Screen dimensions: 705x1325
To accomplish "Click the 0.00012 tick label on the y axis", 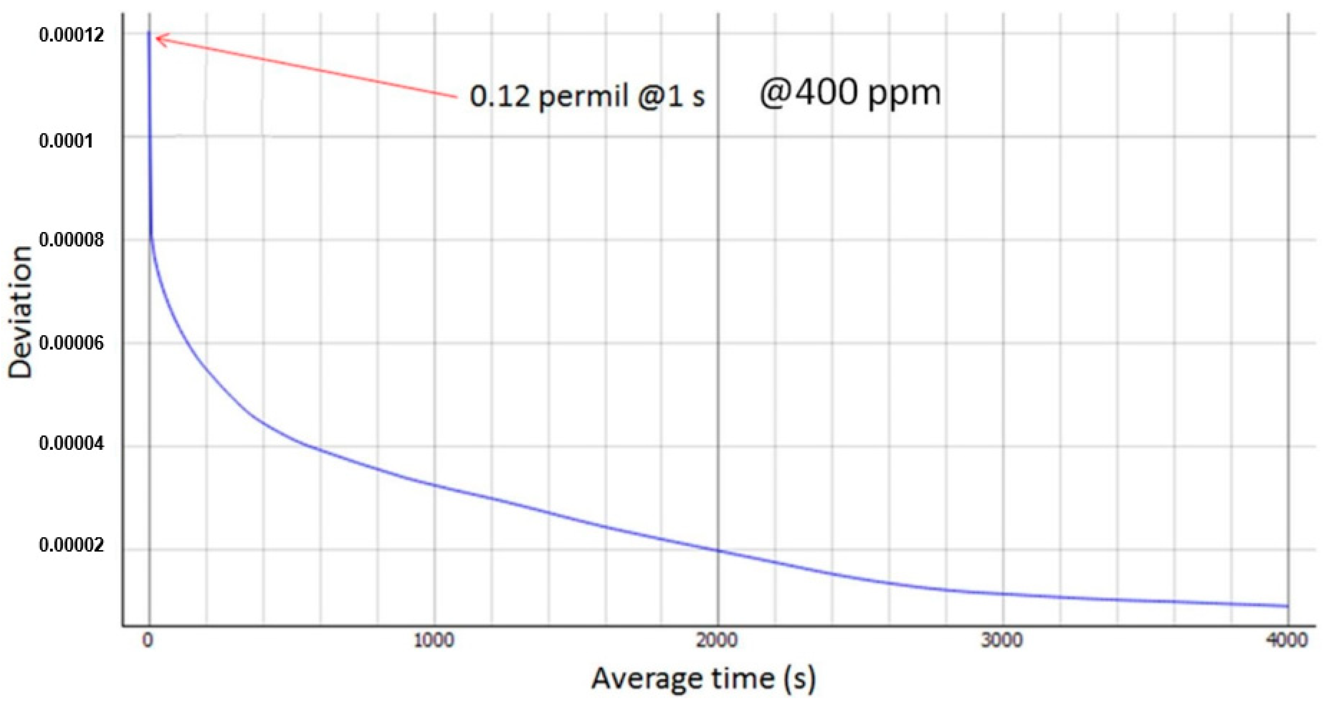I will [71, 35].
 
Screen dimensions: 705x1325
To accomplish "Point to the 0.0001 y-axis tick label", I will [66, 140].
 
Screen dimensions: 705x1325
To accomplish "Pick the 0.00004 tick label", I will [71, 443].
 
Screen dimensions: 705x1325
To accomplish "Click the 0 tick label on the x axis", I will [148, 641].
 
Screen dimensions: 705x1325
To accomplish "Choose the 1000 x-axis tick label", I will [434, 641].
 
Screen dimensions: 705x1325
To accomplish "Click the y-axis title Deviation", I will [20, 313].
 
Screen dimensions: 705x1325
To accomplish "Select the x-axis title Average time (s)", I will [703, 678].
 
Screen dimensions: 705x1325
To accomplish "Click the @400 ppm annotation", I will [850, 94].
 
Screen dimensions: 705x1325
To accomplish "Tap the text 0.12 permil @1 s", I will [587, 96].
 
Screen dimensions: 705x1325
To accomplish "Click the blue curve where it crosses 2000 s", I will [718, 551].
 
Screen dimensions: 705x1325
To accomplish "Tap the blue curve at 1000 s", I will [434, 485].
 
